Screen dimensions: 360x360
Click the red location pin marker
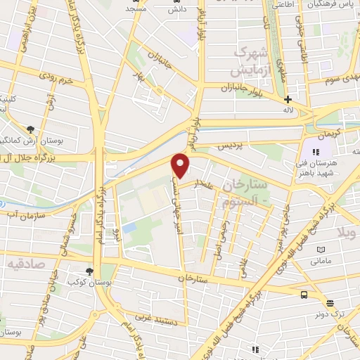click(181, 165)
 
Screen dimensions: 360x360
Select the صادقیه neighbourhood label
click(25, 263)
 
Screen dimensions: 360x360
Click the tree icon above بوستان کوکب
click(89, 271)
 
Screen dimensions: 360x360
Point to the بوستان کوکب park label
click(84, 283)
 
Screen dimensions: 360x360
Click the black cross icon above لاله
click(288, 99)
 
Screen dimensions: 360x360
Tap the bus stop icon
click(304, 295)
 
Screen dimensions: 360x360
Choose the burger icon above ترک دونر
click(330, 303)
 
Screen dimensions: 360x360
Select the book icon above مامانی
click(321, 250)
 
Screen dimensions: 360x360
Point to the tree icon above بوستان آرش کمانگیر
click(30, 129)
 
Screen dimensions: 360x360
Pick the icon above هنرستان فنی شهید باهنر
click(316, 151)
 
